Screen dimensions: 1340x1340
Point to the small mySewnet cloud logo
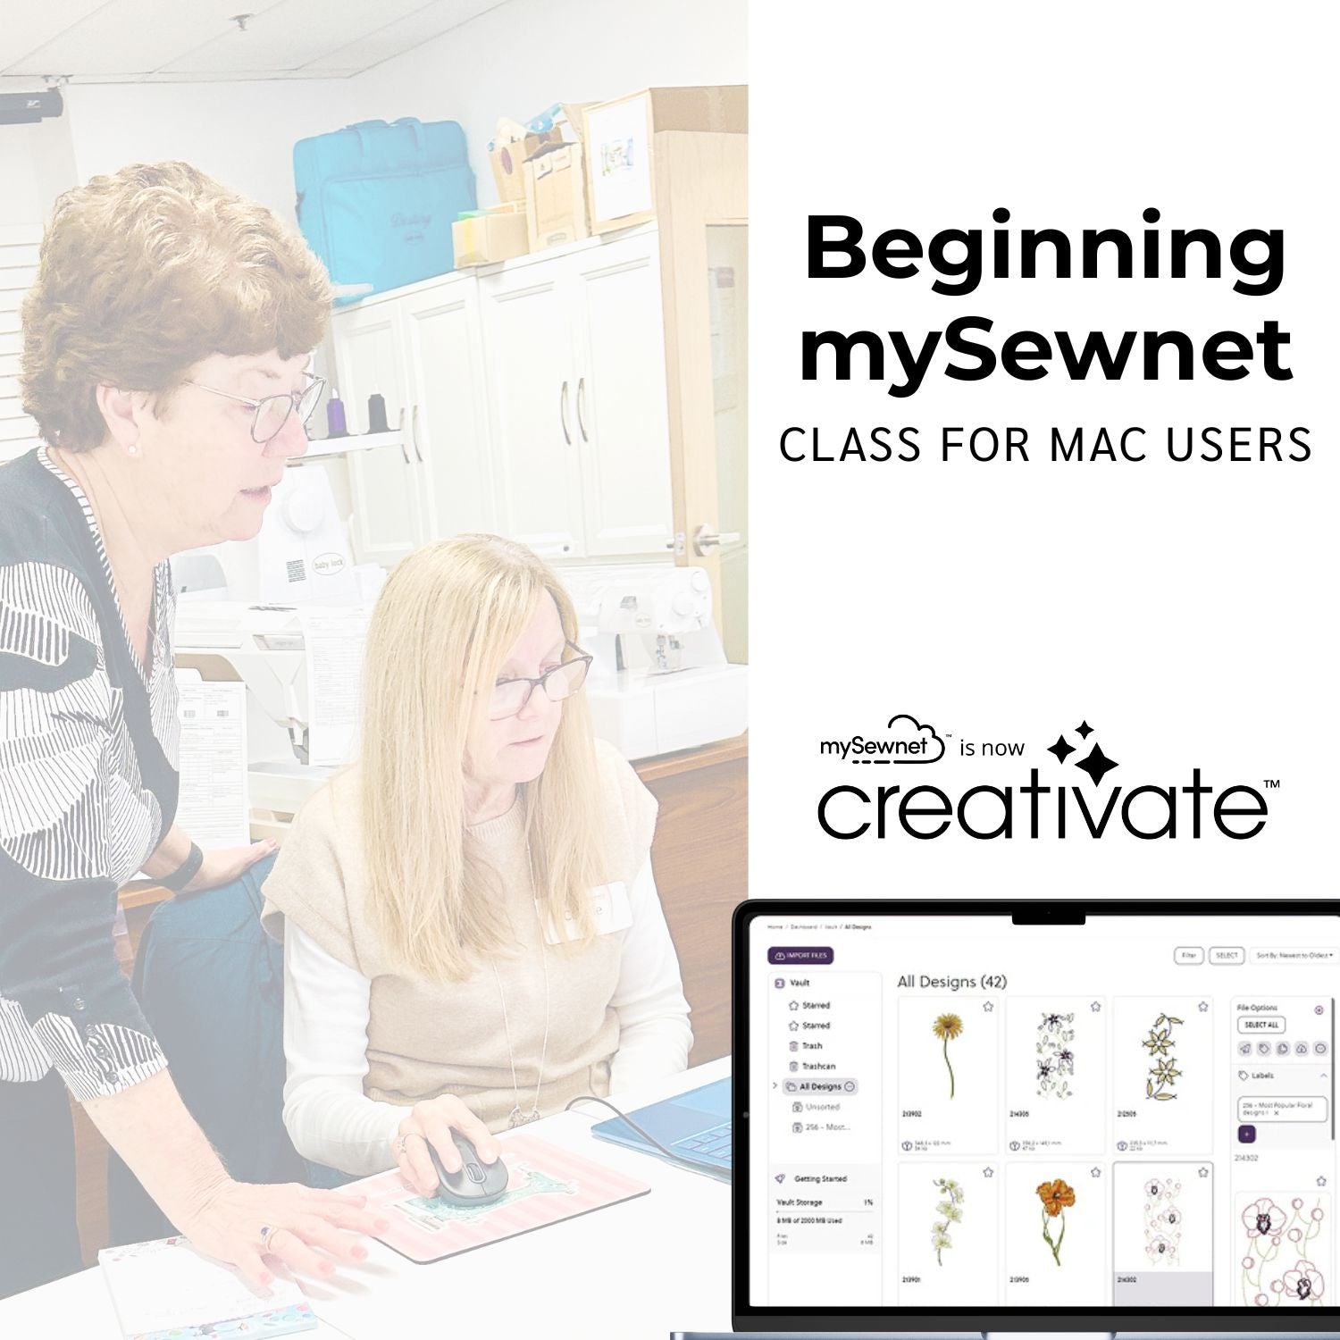tap(883, 742)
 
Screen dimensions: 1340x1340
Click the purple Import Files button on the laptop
tap(800, 956)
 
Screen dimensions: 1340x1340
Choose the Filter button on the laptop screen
tap(1188, 955)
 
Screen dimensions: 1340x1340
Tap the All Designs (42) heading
tap(951, 982)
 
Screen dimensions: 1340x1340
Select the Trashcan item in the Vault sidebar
tap(817, 1066)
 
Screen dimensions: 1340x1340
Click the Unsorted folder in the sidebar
tap(821, 1107)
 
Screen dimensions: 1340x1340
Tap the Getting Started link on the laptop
tap(819, 1179)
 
